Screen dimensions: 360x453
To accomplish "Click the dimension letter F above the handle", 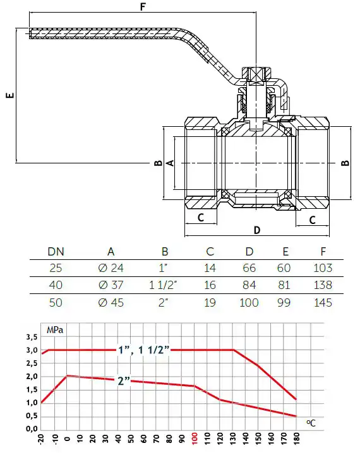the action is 143,6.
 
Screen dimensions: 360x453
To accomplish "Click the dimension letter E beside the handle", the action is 10,95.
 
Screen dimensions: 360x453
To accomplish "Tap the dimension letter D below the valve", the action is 257,230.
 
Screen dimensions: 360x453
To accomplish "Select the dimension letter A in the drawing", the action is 171,163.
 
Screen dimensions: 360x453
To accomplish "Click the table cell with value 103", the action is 323,268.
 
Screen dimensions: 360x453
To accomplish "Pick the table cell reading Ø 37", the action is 111,285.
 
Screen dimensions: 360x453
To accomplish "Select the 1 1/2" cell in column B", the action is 163,285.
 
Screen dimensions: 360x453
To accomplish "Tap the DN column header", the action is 56,252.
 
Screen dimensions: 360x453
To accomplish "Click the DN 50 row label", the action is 56,302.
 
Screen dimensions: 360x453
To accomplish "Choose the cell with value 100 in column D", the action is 249,302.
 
